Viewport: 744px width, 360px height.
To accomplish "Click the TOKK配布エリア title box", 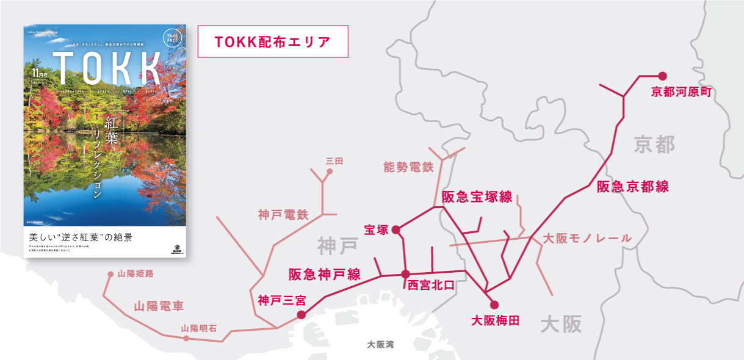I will [273, 41].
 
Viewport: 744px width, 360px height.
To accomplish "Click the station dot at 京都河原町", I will [662, 76].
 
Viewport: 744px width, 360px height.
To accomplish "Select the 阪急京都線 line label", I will [632, 187].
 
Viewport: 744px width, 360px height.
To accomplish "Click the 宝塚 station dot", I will [395, 229].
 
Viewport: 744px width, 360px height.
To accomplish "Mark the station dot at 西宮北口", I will [406, 274].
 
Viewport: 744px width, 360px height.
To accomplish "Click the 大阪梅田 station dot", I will [494, 304].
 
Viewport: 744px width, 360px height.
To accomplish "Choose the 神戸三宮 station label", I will [281, 300].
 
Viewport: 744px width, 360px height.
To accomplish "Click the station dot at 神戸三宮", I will [300, 315].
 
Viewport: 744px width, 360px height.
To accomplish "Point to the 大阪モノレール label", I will [587, 238].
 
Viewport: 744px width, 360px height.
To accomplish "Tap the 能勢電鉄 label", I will [408, 167].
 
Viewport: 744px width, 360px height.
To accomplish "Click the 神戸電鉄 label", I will [283, 215].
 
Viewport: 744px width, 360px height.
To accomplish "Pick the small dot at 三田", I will [330, 171].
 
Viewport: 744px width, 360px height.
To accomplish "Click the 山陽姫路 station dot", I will [110, 275].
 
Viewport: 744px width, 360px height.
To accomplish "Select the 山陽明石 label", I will [199, 328].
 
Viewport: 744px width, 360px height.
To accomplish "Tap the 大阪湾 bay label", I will [380, 345].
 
